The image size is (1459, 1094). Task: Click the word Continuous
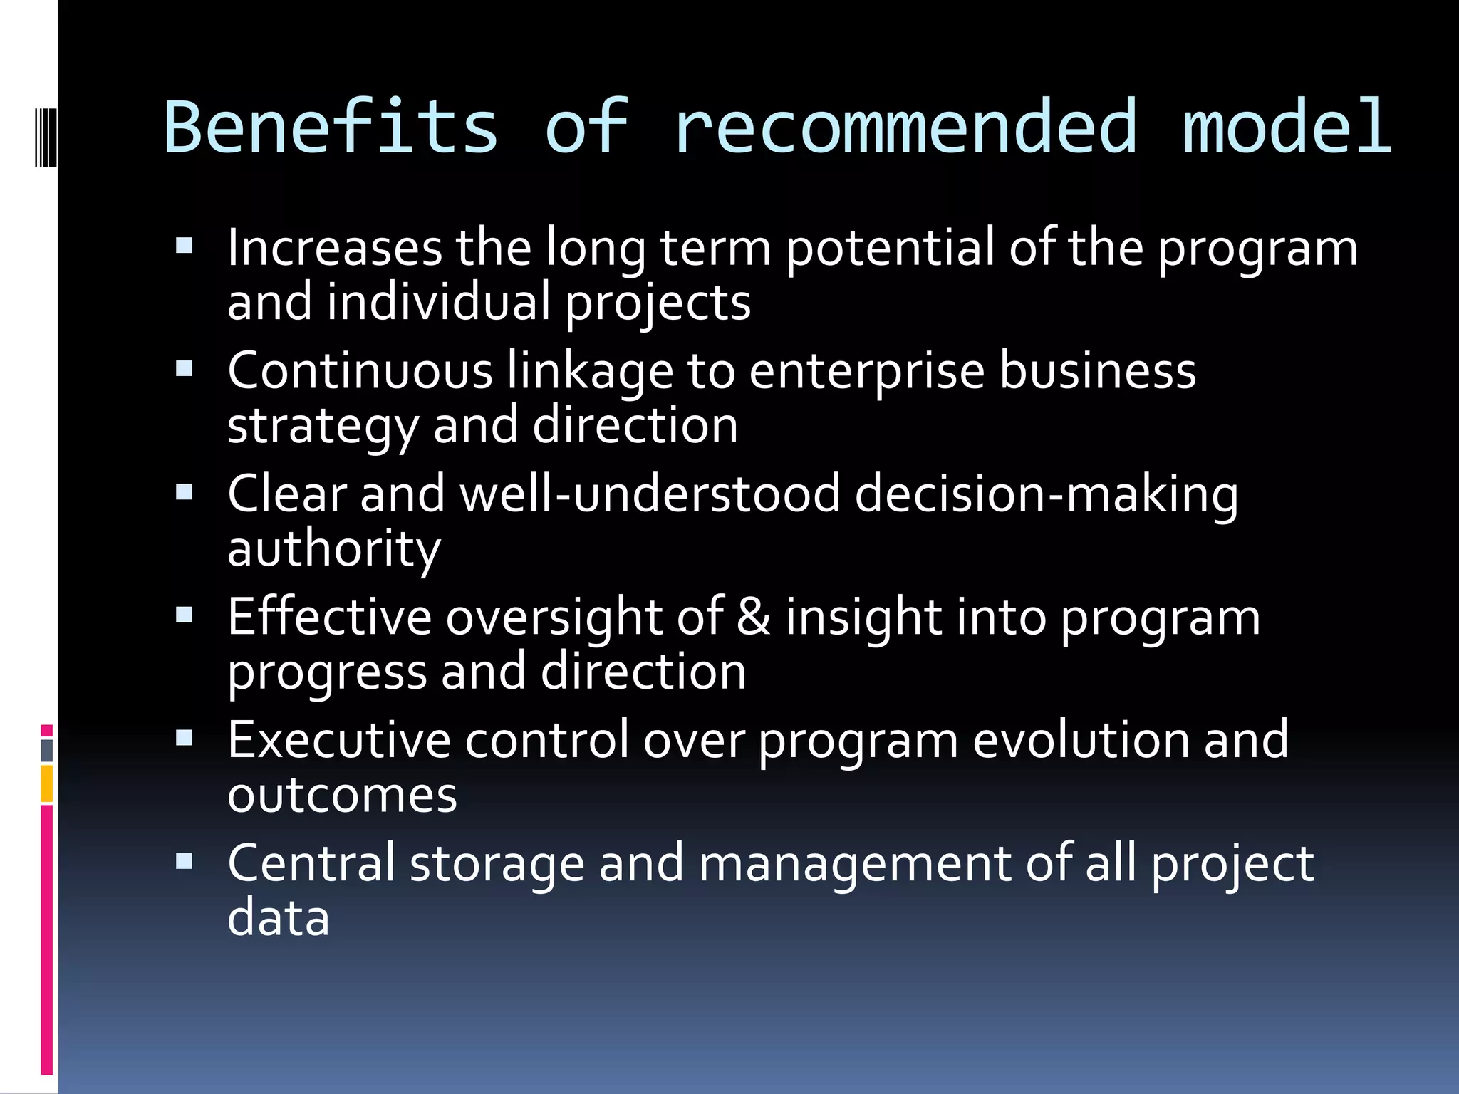tap(360, 371)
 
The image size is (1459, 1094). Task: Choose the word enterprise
tap(866, 373)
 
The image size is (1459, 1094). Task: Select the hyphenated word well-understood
tap(650, 494)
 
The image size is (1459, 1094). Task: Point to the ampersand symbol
tap(754, 616)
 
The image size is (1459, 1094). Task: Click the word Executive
tap(339, 740)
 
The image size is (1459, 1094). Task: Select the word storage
tap(497, 864)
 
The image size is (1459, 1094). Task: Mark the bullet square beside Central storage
tap(184, 862)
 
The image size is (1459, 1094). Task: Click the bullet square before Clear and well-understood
tap(184, 492)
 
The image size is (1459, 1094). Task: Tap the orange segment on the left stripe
tap(46, 783)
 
